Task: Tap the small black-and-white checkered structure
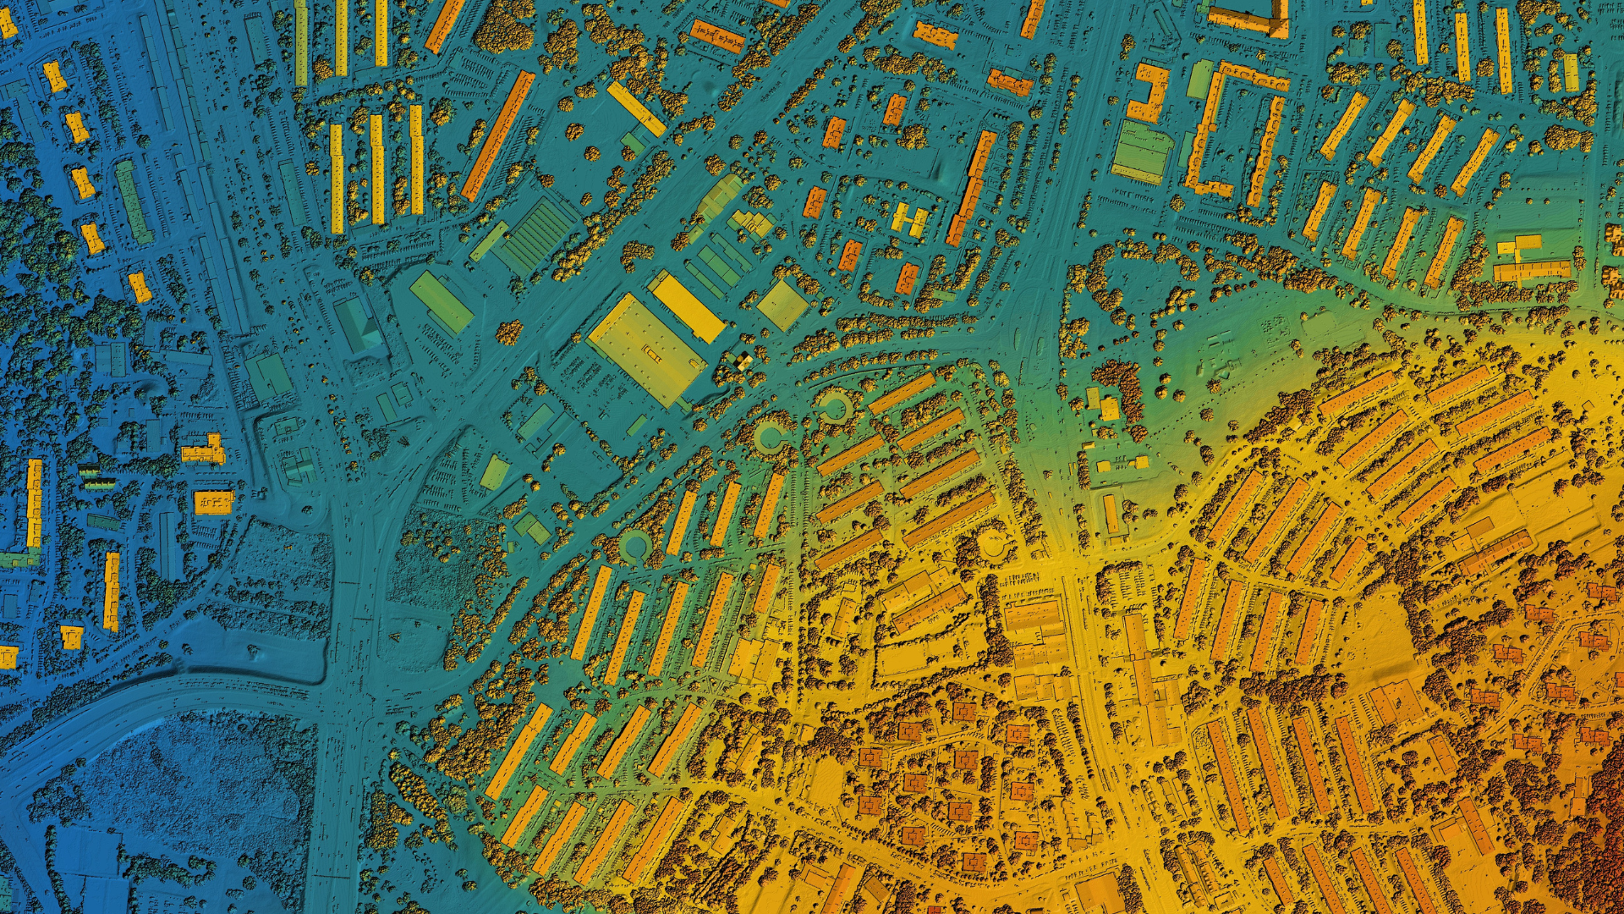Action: pos(743,361)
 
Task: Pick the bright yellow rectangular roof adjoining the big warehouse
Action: pos(687,306)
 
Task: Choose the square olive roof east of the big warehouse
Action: pos(782,305)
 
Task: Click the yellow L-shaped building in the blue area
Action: pos(206,451)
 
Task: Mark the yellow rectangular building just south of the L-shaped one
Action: pos(213,502)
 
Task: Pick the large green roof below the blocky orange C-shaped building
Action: pos(1142,152)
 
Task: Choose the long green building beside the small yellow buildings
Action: pos(133,201)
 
